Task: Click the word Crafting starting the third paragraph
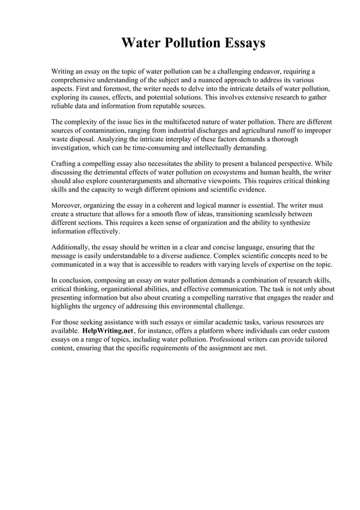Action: click(x=66, y=164)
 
